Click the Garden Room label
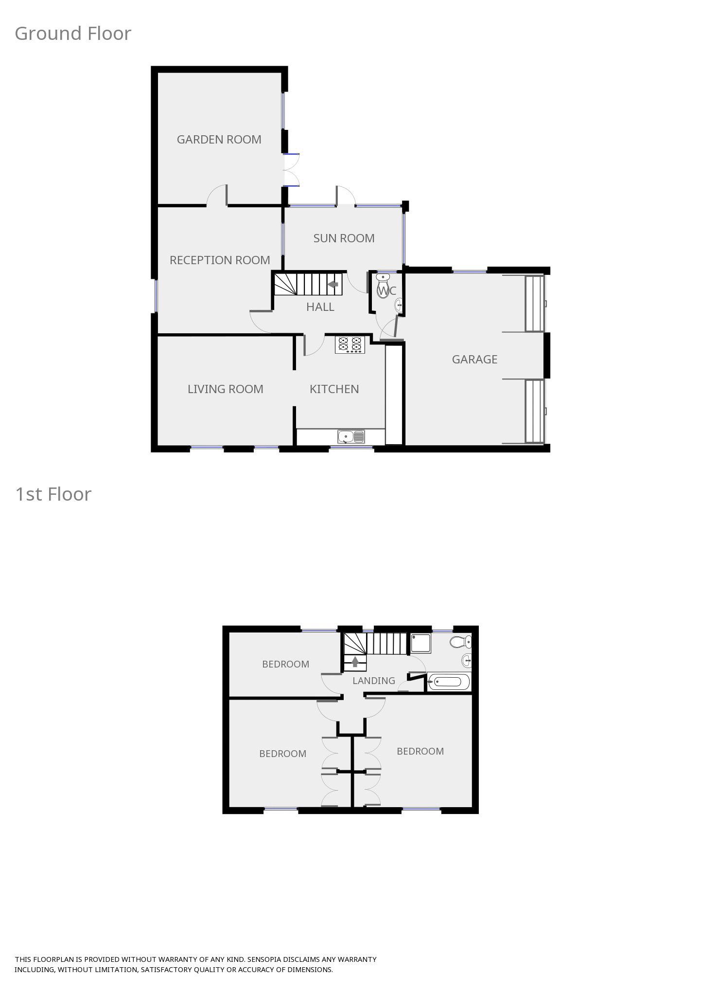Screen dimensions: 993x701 click(x=219, y=140)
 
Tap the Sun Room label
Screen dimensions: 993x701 click(x=344, y=238)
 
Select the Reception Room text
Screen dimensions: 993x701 click(x=220, y=260)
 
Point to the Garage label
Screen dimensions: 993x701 click(x=474, y=360)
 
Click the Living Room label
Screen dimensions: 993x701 click(x=225, y=389)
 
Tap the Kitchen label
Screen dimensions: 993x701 click(x=334, y=389)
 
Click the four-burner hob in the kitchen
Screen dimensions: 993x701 click(x=350, y=344)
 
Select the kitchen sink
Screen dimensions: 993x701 click(x=351, y=436)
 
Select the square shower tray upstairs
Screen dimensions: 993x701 click(x=421, y=643)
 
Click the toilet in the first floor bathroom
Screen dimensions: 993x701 click(x=459, y=642)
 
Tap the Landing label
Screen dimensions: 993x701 click(x=373, y=681)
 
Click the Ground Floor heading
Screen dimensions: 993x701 click(x=73, y=34)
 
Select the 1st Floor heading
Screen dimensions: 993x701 click(x=53, y=494)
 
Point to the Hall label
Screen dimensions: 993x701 click(x=320, y=307)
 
